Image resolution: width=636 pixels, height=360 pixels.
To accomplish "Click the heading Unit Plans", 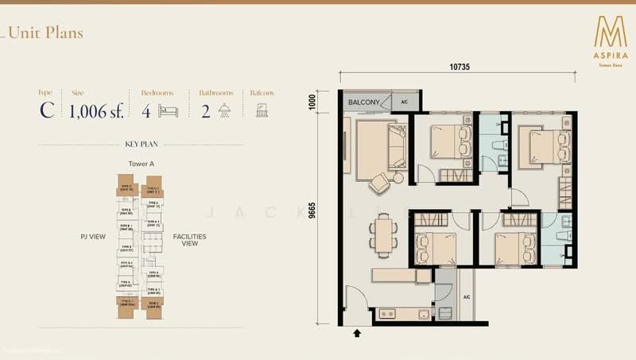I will [47, 33].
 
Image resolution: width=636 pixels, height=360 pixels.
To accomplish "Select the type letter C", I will [47, 110].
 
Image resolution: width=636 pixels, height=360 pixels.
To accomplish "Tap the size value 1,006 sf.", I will [96, 110].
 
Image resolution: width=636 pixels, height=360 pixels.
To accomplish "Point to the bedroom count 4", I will [146, 110].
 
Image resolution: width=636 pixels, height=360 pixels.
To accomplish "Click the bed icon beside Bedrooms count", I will [168, 110].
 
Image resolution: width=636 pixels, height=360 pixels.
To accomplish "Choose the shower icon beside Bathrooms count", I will [226, 110].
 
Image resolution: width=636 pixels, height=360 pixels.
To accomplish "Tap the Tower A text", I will [141, 164].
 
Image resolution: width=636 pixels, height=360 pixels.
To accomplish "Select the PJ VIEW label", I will [92, 237].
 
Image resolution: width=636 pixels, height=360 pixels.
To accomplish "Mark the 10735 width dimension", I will [460, 68].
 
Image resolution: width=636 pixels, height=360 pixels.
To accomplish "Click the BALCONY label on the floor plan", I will [363, 103].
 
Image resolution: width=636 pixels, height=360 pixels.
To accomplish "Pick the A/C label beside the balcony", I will [404, 103].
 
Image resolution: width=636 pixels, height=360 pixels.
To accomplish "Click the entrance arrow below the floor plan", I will [357, 335].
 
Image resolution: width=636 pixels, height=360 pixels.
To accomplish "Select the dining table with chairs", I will [382, 236].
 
